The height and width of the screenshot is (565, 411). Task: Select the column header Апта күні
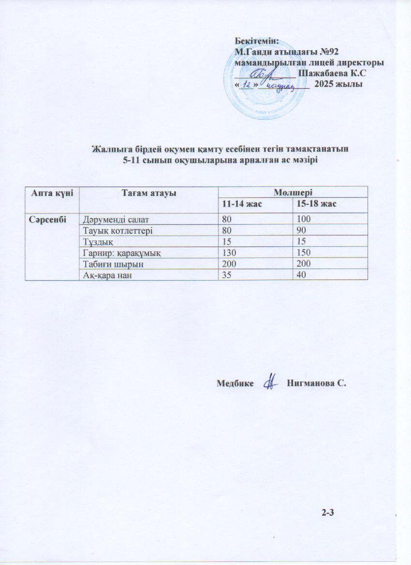(x=52, y=193)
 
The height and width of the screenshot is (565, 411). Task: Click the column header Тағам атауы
(x=147, y=193)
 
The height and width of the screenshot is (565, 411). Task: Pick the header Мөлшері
(x=293, y=193)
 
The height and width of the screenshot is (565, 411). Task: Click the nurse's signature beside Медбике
(x=271, y=383)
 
